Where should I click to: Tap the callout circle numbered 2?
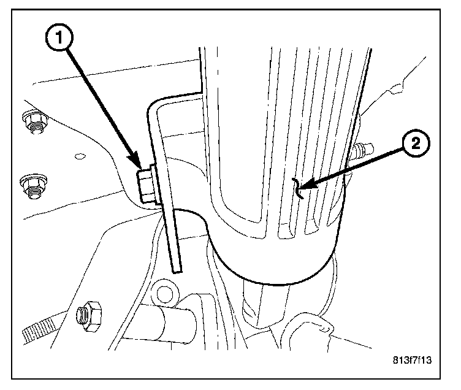pos(414,145)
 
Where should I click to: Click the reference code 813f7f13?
pos(412,360)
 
